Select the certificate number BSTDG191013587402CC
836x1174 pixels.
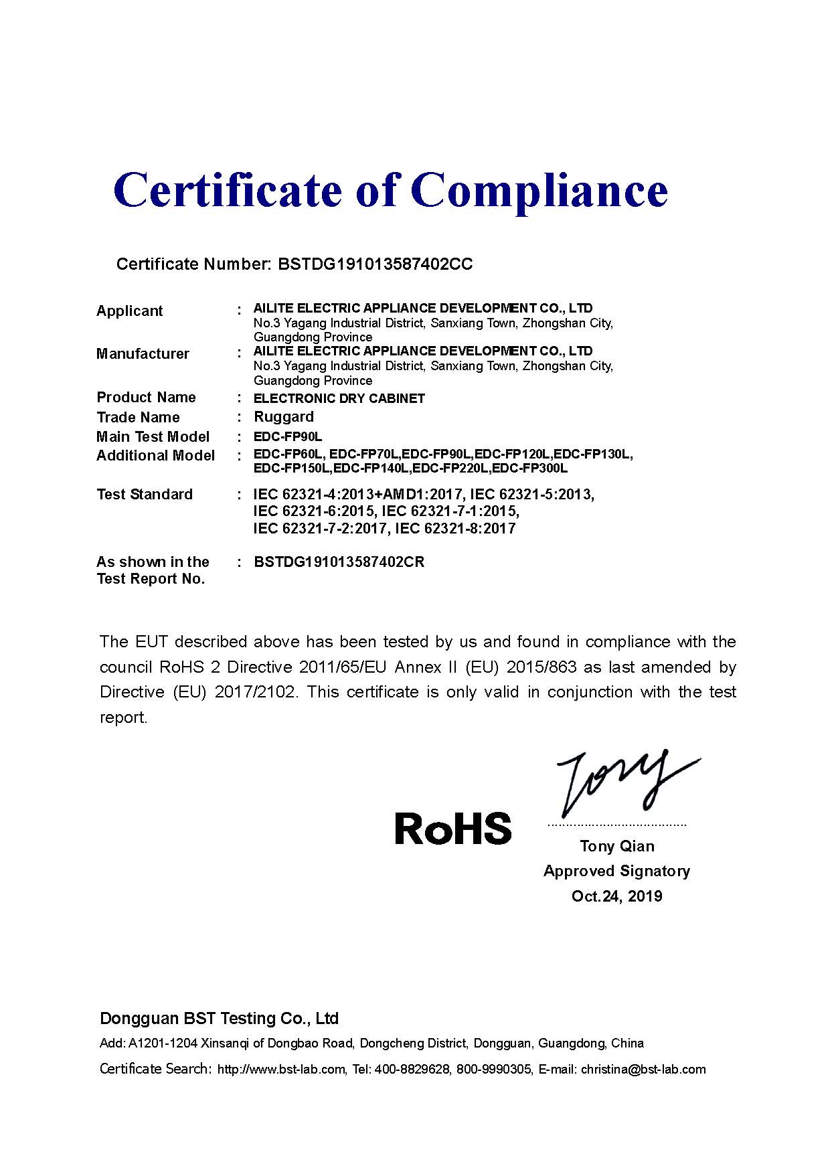click(x=375, y=264)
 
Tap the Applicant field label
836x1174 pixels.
click(x=130, y=311)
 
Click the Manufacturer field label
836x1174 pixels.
click(x=143, y=354)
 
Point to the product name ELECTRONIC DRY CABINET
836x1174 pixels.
click(x=339, y=398)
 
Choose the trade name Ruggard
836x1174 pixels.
click(x=284, y=417)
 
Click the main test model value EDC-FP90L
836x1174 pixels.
click(x=288, y=437)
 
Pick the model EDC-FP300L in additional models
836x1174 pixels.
click(x=530, y=468)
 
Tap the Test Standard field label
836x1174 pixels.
click(x=145, y=495)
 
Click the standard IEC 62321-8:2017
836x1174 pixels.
click(x=456, y=529)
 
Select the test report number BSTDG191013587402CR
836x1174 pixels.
click(x=339, y=562)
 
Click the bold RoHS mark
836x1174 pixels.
click(x=453, y=829)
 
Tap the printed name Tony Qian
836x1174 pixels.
click(x=617, y=847)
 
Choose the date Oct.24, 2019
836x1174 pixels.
click(x=617, y=896)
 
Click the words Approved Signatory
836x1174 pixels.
click(x=617, y=871)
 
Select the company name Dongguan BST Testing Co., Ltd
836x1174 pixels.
click(x=220, y=1019)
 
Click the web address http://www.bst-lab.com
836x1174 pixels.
click(x=281, y=1070)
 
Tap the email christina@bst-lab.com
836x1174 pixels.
click(x=643, y=1070)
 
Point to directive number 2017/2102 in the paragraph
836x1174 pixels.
click(x=255, y=692)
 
